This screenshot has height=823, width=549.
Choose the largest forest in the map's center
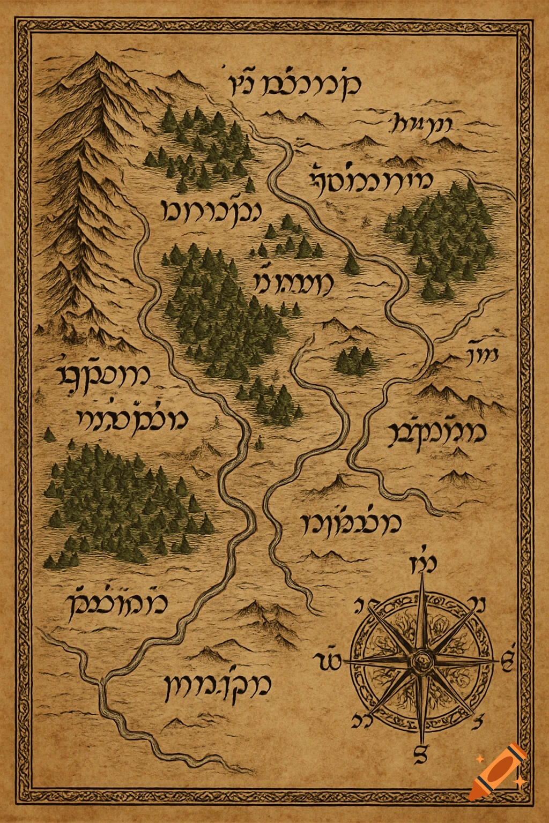coord(225,316)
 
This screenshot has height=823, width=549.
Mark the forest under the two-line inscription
coord(123,504)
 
